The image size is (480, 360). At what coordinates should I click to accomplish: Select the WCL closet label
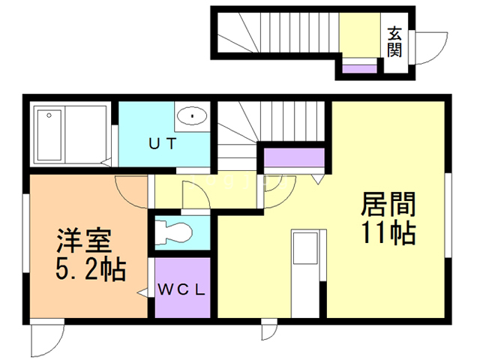181,289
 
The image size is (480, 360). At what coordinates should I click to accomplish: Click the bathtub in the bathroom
49,134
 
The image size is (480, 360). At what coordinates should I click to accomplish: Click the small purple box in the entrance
358,69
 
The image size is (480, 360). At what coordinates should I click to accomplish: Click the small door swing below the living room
268,331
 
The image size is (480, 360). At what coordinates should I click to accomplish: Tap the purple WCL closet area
182,289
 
